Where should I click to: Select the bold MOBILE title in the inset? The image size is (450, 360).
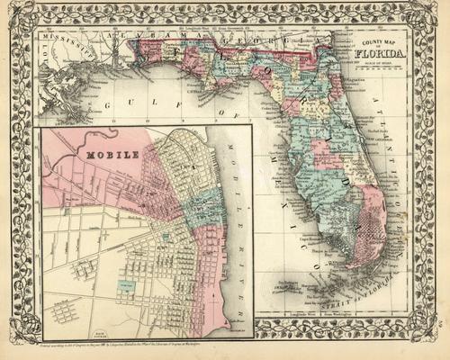pos(112,154)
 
